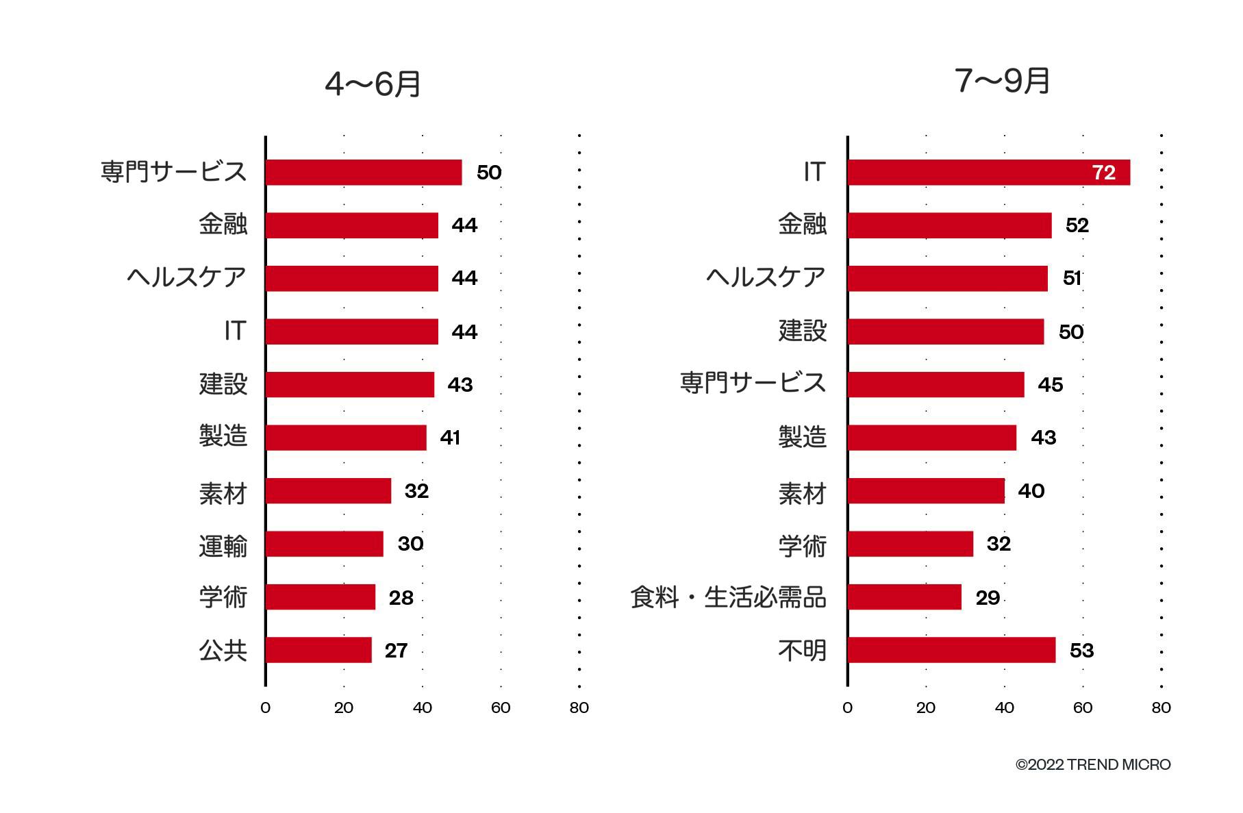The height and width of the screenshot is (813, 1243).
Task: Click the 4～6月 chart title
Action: click(x=373, y=84)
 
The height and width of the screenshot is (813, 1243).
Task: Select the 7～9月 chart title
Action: click(x=1002, y=81)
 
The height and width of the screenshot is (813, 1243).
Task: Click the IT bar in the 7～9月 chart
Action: click(x=988, y=173)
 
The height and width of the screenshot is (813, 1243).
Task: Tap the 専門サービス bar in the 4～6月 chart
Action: click(x=363, y=173)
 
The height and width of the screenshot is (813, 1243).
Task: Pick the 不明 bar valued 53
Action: click(x=951, y=650)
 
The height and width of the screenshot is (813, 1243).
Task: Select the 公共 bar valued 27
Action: click(x=318, y=650)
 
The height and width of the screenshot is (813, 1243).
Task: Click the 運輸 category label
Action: click(x=223, y=546)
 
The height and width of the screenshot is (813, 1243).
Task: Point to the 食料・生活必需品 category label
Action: click(x=728, y=597)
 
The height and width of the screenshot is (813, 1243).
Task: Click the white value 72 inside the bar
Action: click(x=1103, y=173)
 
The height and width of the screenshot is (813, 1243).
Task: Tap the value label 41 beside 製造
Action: click(x=450, y=438)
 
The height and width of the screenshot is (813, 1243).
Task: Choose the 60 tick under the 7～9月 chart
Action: click(x=1082, y=708)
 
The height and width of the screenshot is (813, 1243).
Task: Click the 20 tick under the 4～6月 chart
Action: click(x=344, y=708)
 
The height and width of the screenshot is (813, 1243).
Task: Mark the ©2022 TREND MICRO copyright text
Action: click(x=1092, y=764)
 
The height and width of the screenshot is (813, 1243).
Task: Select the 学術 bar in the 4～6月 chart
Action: click(x=320, y=597)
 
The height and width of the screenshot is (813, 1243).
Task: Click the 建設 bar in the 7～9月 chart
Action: click(x=945, y=332)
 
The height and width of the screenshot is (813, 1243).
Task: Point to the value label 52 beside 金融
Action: click(x=1077, y=225)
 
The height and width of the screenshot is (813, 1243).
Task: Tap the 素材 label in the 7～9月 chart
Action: click(x=802, y=493)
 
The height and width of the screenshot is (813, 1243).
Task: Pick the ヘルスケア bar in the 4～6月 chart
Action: click(x=351, y=279)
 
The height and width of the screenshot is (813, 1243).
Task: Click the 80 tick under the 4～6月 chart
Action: click(x=579, y=708)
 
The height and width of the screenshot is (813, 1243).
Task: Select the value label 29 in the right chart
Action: click(x=988, y=598)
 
